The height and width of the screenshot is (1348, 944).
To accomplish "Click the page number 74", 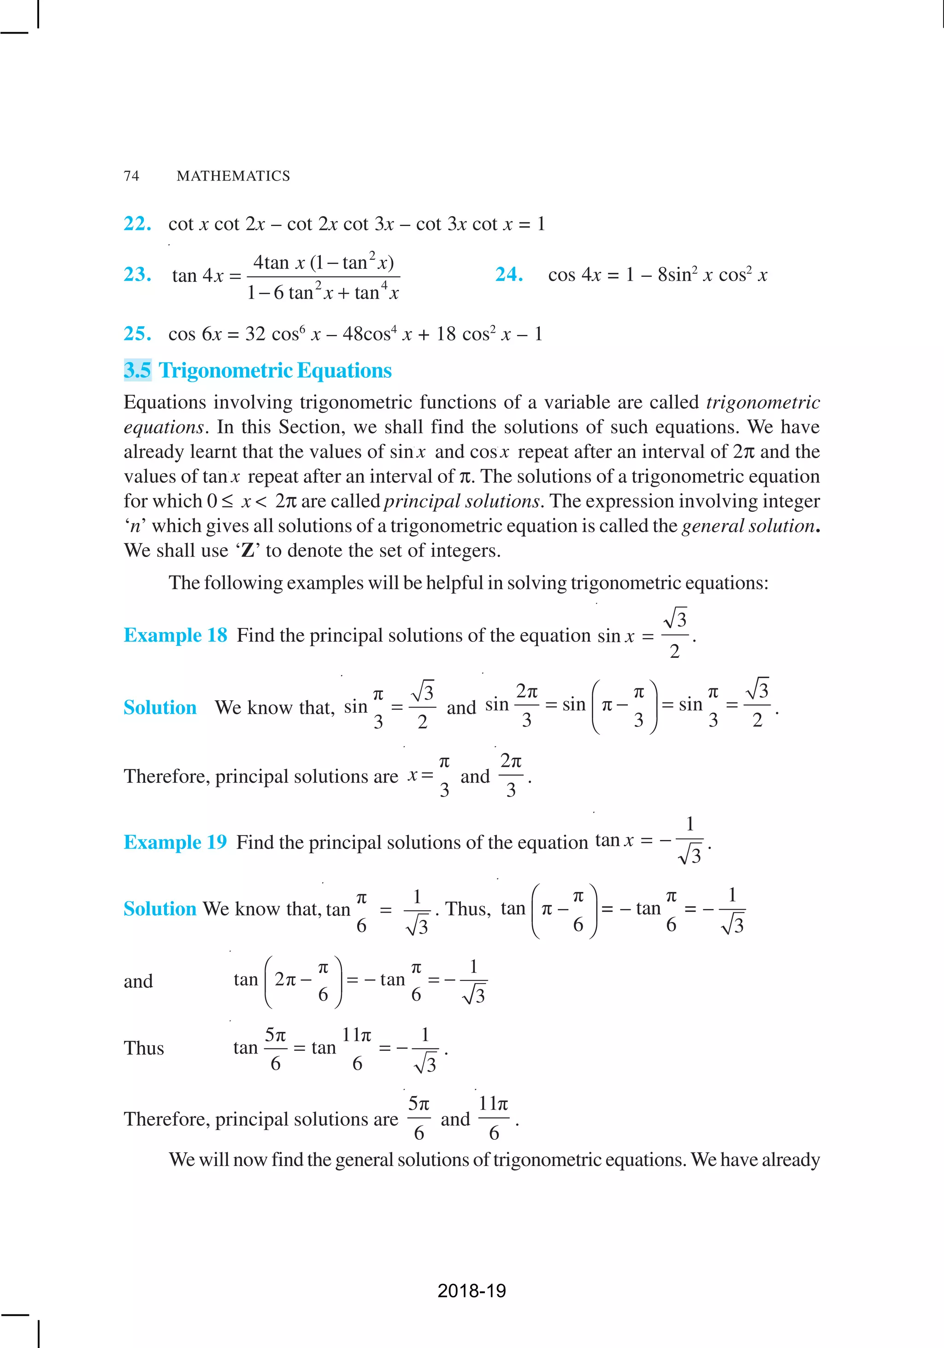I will pyautogui.click(x=131, y=176).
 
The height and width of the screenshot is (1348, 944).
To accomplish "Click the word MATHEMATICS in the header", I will pyautogui.click(x=233, y=176).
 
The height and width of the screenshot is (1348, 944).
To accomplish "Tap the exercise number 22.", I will pyautogui.click(x=137, y=224).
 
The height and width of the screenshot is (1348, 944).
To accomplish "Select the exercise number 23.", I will pyautogui.click(x=137, y=274).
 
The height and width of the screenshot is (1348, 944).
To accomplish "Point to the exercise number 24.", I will pyautogui.click(x=509, y=274).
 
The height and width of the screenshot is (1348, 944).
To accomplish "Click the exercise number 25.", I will pyautogui.click(x=137, y=334).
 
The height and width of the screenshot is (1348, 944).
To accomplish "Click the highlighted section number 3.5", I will pyautogui.click(x=137, y=370).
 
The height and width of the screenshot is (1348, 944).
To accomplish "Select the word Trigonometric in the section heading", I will pyautogui.click(x=225, y=370).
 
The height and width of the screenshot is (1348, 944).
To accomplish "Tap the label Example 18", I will pyautogui.click(x=175, y=635).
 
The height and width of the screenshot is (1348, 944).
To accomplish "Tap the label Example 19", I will pyautogui.click(x=175, y=842).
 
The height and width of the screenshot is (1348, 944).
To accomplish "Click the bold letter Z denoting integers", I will pyautogui.click(x=248, y=551).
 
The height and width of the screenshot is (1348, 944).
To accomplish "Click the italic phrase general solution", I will pyautogui.click(x=748, y=526).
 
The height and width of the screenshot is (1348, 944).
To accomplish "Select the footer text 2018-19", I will pyautogui.click(x=472, y=1290).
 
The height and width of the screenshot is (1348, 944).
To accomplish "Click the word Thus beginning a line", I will pyautogui.click(x=144, y=1048).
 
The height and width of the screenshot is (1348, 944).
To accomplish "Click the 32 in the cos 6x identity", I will pyautogui.click(x=255, y=334).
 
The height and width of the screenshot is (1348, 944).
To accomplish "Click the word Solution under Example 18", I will pyautogui.click(x=160, y=708).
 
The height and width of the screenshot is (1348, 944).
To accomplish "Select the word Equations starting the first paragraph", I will pyautogui.click(x=165, y=402).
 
